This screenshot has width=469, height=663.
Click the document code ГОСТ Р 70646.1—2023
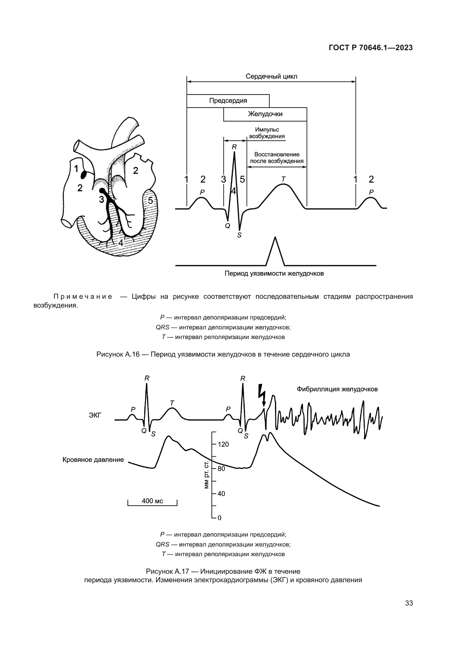pyautogui.click(x=371, y=48)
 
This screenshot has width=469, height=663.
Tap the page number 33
pyautogui.click(x=409, y=603)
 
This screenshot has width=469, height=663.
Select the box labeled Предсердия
pyautogui.click(x=228, y=101)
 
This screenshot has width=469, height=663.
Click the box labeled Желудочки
pyautogui.click(x=265, y=114)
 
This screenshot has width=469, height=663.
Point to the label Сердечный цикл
pyautogui.click(x=271, y=77)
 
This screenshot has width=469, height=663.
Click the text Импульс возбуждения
pyautogui.click(x=267, y=133)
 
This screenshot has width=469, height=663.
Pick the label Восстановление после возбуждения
pyautogui.click(x=277, y=158)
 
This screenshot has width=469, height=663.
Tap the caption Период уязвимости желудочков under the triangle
pyautogui.click(x=274, y=274)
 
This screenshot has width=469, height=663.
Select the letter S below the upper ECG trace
pyautogui.click(x=239, y=235)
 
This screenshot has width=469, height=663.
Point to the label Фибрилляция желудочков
pyautogui.click(x=337, y=389)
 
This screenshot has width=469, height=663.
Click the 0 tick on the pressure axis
pyautogui.click(x=219, y=518)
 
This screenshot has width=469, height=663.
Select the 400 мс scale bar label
pyautogui.click(x=152, y=501)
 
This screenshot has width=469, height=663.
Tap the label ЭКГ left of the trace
pyautogui.click(x=95, y=416)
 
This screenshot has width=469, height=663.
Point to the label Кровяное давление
pyautogui.click(x=93, y=460)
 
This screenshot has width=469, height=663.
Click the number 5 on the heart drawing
pyautogui.click(x=151, y=200)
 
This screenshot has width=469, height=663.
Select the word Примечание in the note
pyautogui.click(x=83, y=296)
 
